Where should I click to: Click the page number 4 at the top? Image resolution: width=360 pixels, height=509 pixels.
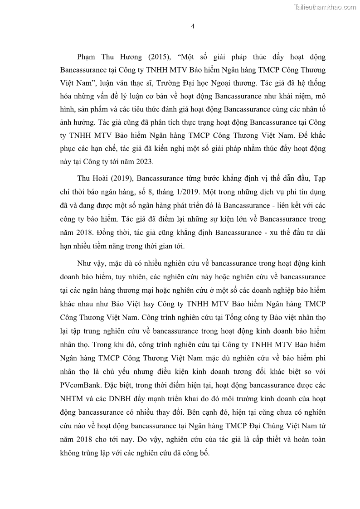[x=193, y=26]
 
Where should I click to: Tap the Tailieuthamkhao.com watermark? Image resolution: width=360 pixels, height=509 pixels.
[x=325, y=7]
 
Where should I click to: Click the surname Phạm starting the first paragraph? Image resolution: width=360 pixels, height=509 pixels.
[x=87, y=58]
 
